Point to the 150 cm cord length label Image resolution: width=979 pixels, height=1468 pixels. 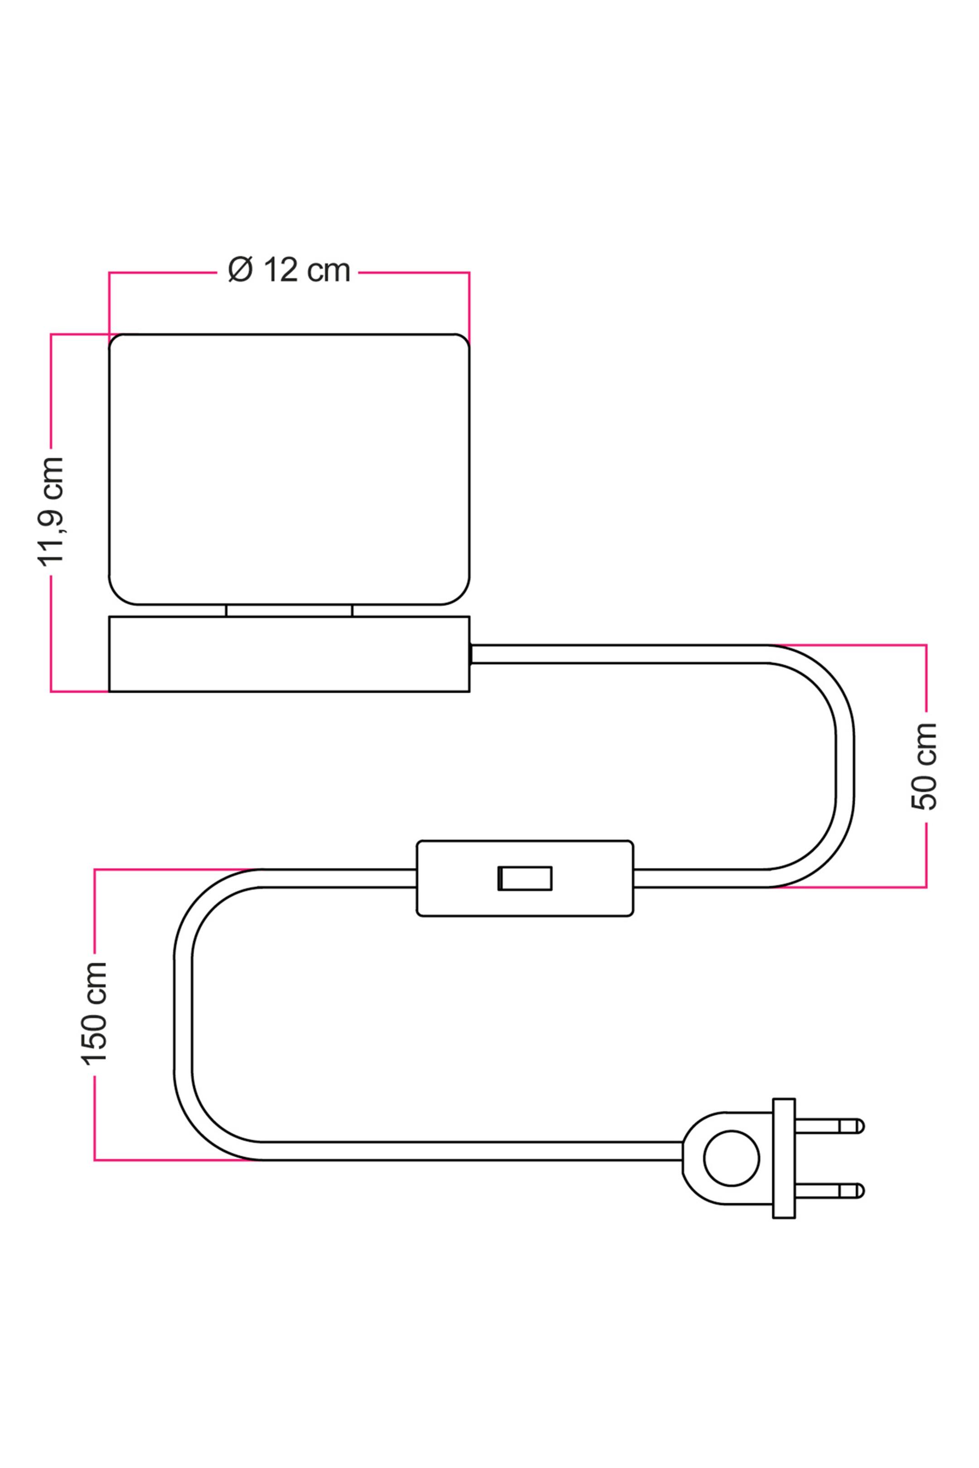tap(94, 1012)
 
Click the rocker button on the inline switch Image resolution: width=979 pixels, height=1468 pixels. tap(524, 878)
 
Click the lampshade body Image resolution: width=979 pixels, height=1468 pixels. tap(289, 469)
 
